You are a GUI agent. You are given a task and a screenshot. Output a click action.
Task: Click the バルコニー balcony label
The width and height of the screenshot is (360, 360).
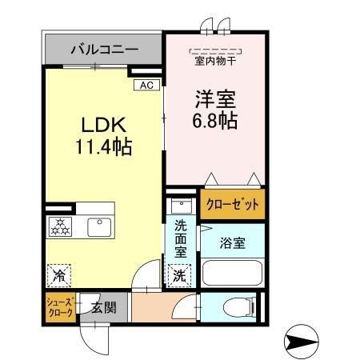point(105,50)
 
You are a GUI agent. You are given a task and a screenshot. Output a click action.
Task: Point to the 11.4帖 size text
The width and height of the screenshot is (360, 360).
point(104,147)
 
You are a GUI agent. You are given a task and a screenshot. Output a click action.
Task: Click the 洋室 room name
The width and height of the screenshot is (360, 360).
point(215,100)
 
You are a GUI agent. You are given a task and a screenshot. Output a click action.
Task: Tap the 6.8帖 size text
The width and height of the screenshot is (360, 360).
point(215,123)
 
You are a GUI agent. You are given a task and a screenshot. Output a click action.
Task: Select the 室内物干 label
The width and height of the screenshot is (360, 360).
point(216,59)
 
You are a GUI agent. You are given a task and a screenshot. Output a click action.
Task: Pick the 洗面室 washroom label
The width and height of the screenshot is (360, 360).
point(182,238)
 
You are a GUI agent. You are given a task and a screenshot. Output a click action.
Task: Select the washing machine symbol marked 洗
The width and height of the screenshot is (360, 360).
point(180,276)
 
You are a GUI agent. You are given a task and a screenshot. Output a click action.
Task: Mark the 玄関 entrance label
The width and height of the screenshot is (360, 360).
point(103,307)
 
